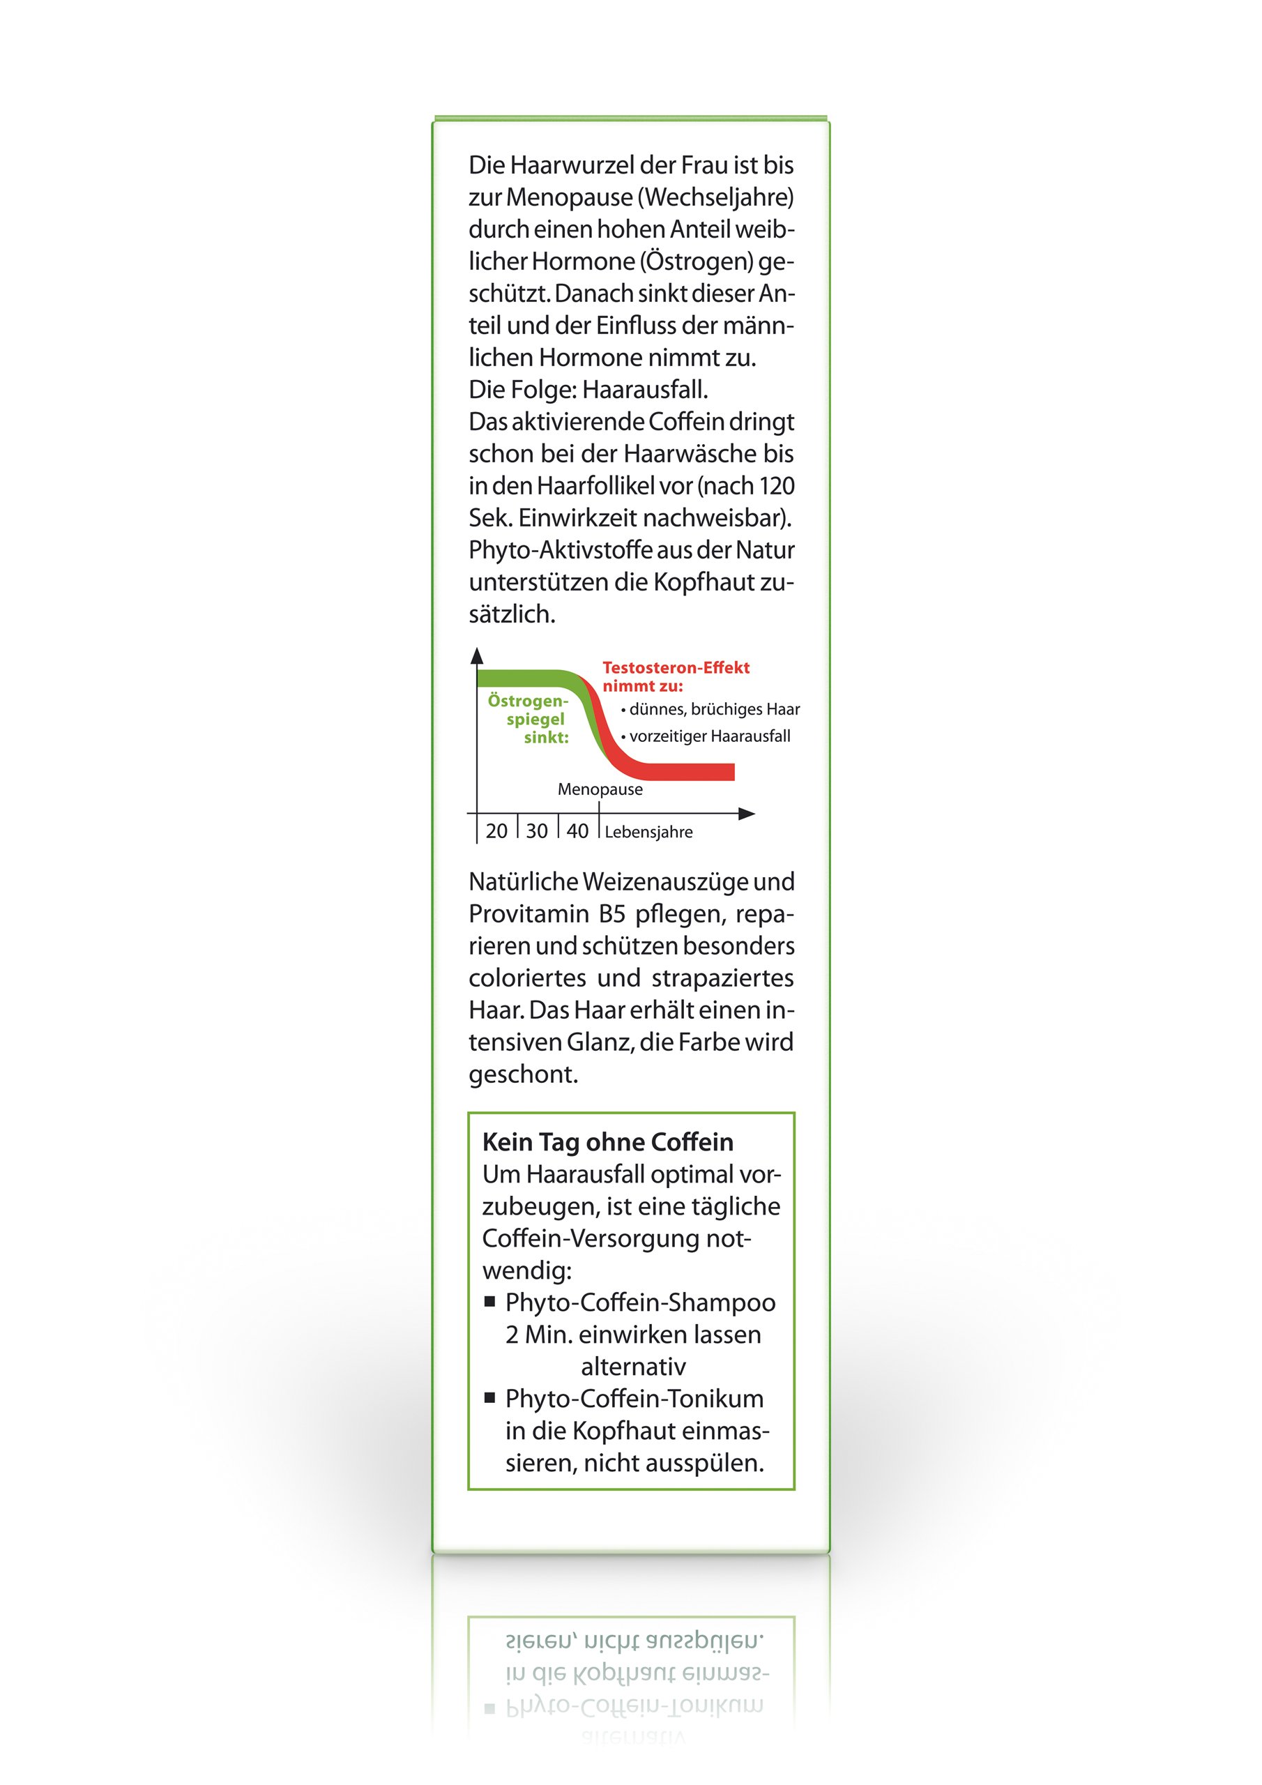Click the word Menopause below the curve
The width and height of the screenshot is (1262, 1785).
[x=600, y=789]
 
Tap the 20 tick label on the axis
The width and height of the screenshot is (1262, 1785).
[x=496, y=831]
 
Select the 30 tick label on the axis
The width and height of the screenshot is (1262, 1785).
[x=537, y=831]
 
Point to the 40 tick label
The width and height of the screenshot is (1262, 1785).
[x=577, y=831]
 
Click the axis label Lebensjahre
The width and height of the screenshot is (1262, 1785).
[x=648, y=832]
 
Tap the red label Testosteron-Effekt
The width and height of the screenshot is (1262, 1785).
[x=676, y=667]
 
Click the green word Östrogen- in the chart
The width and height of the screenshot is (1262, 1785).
[x=528, y=701]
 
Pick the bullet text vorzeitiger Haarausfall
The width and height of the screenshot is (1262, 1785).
[x=709, y=736]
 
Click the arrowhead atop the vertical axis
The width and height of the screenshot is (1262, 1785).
[x=478, y=656]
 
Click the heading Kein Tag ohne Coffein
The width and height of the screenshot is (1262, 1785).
[x=607, y=1141]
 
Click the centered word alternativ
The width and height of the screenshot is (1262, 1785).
[x=633, y=1366]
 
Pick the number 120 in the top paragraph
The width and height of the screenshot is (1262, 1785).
[x=776, y=486]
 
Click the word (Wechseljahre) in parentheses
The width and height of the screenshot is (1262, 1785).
[x=715, y=197]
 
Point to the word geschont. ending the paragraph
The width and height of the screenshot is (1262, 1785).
[x=522, y=1074]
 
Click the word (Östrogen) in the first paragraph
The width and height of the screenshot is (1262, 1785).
[x=697, y=262]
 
